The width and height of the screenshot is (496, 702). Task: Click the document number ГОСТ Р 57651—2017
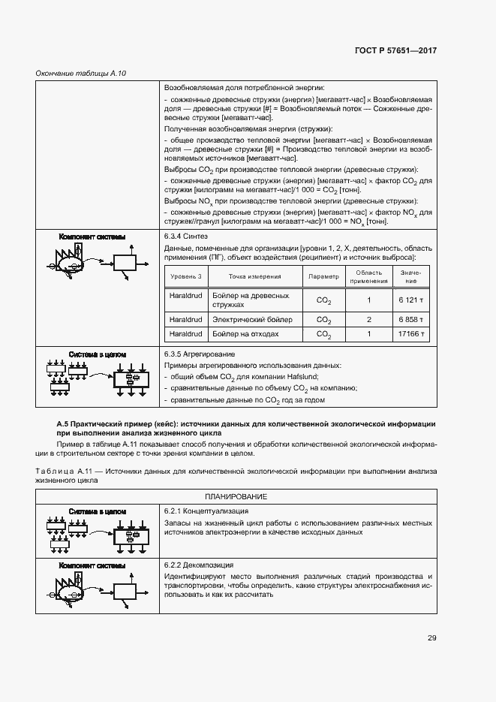point(395,51)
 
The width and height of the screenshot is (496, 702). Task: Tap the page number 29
point(432,638)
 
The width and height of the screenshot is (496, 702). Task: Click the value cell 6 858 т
point(412,319)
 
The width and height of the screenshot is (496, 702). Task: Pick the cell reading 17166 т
point(412,334)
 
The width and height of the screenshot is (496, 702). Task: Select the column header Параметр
point(323,276)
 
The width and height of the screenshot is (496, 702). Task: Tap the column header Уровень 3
point(185,276)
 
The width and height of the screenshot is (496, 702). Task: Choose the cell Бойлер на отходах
point(246,334)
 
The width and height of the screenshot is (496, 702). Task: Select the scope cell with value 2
point(369,319)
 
